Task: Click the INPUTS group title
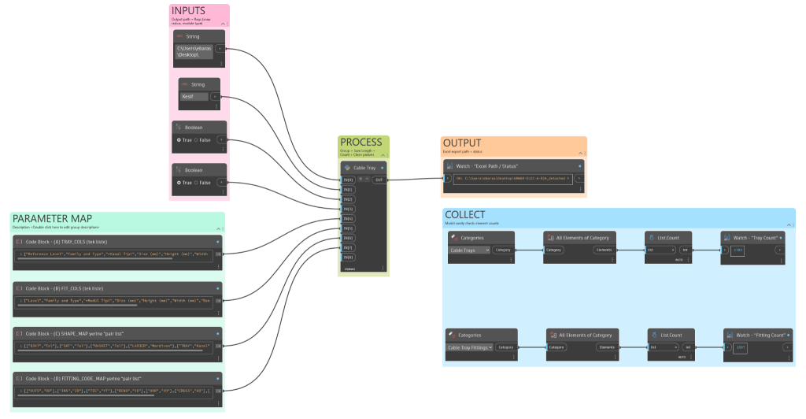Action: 188,11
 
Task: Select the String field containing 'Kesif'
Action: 194,97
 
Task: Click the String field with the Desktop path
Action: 193,52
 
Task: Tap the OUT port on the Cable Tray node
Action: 379,180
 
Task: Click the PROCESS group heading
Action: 360,142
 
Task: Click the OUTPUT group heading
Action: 461,143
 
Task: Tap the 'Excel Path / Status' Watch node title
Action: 487,166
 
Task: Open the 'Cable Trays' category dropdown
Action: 469,250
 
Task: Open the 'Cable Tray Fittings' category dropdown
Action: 470,347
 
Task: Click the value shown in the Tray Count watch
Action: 738,250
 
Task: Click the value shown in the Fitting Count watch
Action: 740,347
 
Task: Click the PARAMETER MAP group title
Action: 52,218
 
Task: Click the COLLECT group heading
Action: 464,214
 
